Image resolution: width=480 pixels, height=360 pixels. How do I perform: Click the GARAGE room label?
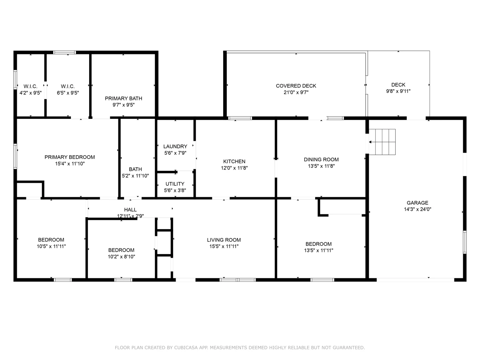point(417,203)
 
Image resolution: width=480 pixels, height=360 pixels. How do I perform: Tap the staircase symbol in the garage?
point(382,142)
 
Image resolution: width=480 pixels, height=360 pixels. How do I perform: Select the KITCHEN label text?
point(234,161)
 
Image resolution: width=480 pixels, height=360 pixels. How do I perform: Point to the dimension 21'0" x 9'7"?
point(296,92)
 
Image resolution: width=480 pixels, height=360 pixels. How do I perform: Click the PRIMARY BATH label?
point(123,98)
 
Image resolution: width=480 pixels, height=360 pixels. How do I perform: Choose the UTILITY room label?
point(175,184)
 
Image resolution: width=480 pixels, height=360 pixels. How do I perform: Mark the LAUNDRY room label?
point(175,146)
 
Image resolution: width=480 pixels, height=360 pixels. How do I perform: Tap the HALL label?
point(130,210)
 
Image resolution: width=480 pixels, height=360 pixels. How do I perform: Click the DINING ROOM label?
point(321,159)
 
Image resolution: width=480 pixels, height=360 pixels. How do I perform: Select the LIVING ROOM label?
point(224,240)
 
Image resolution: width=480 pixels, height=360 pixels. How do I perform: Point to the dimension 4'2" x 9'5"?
point(30,93)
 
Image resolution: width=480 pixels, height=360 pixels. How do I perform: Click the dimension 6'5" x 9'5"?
point(68,93)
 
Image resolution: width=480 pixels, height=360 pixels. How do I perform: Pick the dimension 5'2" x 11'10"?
point(135,176)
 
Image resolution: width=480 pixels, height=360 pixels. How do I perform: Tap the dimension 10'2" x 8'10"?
point(121,257)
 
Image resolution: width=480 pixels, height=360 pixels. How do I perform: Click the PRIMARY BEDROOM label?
point(70,157)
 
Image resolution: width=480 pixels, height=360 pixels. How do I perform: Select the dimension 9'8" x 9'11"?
point(398,91)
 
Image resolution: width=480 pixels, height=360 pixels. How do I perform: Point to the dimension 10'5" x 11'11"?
point(51,246)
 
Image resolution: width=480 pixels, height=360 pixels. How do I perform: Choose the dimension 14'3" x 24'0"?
point(417,209)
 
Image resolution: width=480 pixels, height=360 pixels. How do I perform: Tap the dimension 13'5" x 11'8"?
point(321,166)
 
